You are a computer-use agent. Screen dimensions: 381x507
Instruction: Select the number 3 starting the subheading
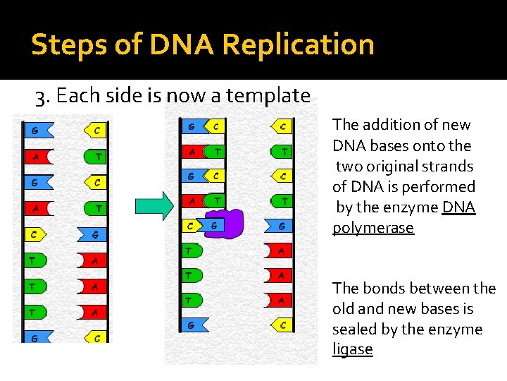tap(40, 95)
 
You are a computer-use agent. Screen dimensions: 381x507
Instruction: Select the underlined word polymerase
tap(373, 228)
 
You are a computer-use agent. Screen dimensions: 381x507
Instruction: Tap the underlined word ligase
tap(352, 350)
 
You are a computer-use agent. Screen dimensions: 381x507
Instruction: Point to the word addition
tap(392, 125)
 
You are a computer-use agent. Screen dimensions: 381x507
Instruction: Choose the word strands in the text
tap(449, 167)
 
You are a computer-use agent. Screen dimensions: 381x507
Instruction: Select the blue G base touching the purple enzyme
tap(213, 226)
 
